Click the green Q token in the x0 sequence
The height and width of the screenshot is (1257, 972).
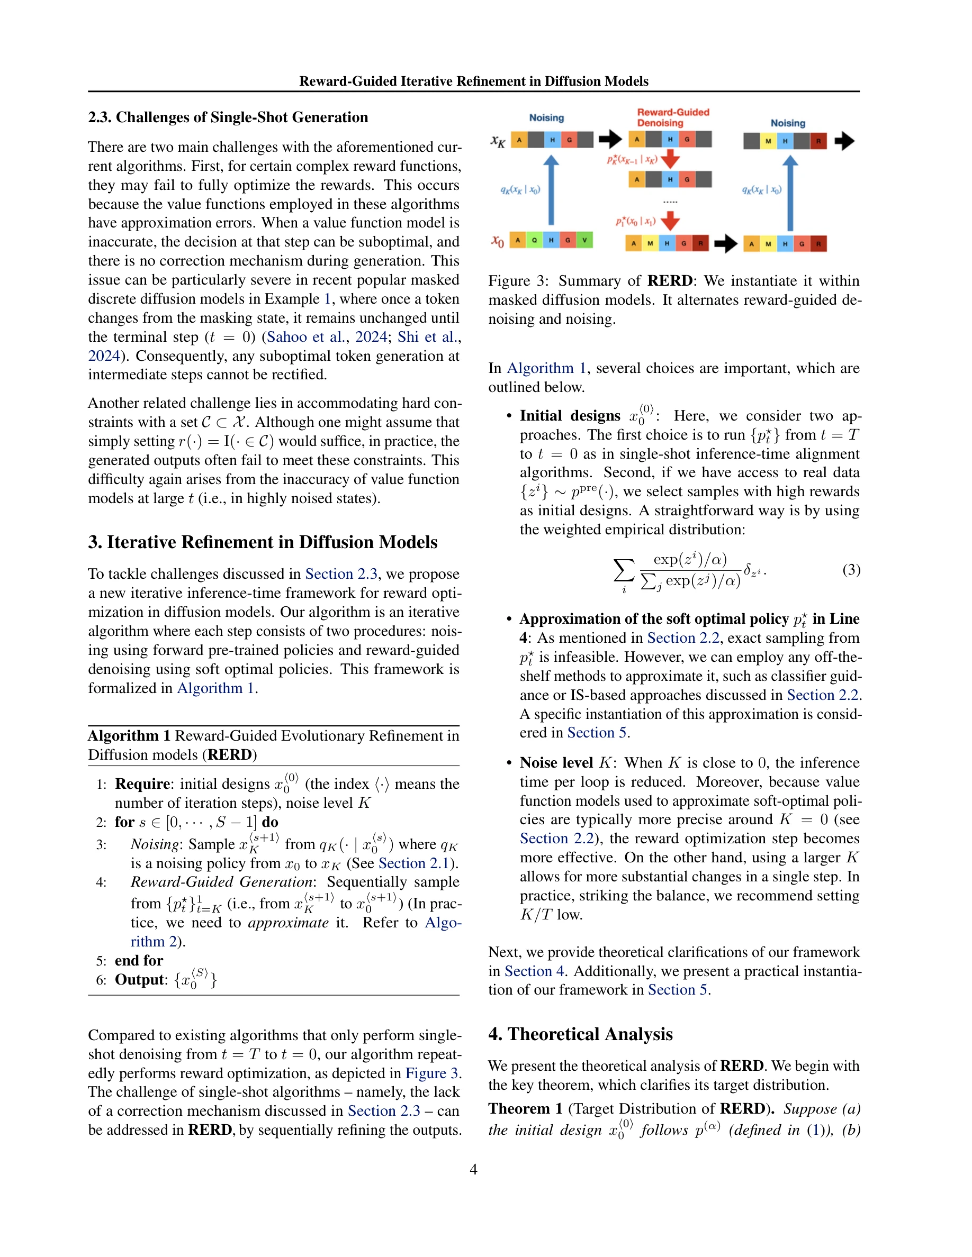coord(534,240)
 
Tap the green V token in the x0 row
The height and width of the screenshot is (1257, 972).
coord(584,240)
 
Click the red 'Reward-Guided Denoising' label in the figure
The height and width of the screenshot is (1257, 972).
coord(672,117)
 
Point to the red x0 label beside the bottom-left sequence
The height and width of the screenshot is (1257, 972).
coord(498,241)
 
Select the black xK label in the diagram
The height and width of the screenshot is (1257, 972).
coord(498,141)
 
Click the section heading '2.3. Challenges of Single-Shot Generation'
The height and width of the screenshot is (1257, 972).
coord(228,117)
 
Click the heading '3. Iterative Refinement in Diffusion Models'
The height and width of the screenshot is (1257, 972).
coord(263,542)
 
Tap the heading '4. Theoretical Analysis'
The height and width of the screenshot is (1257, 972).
coord(580,1034)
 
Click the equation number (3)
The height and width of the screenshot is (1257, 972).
coord(851,570)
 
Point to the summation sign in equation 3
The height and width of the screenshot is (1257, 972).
coord(624,571)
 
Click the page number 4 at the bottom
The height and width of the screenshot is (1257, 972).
coord(473,1169)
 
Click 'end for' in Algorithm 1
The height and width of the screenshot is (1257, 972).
coord(139,961)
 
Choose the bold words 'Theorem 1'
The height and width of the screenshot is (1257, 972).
coord(519,1109)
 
